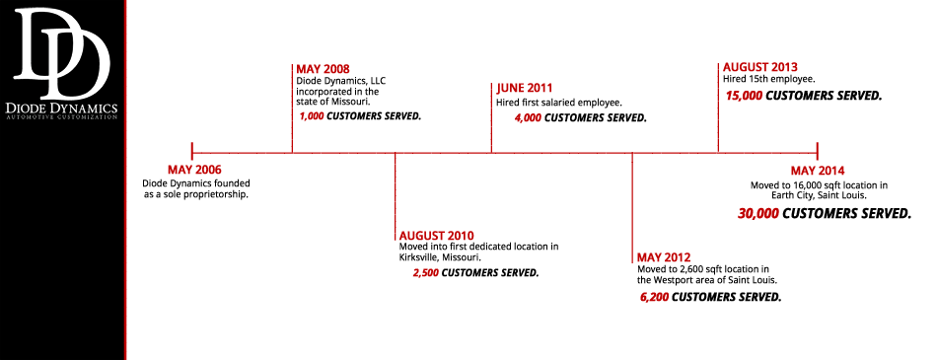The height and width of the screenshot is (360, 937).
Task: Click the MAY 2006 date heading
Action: point(194,170)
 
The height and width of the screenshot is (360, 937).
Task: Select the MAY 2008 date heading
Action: point(324,69)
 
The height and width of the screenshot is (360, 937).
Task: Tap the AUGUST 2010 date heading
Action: point(436,235)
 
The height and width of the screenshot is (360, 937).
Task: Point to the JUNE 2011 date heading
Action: point(525,89)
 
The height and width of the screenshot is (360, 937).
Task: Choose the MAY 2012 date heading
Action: point(664,257)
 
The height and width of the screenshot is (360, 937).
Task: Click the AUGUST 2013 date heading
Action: point(760,67)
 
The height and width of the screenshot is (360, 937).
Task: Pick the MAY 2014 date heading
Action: point(818,171)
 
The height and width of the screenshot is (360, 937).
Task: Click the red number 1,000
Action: point(312,116)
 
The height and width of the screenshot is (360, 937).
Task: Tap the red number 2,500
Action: point(425,273)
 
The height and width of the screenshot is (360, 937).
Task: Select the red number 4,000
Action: point(529,117)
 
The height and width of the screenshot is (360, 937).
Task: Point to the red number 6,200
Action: point(654,297)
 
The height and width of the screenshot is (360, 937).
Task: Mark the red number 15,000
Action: point(744,95)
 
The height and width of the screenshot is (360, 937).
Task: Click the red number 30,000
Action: point(758,213)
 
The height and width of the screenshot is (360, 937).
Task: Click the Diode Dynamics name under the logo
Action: point(61,108)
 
